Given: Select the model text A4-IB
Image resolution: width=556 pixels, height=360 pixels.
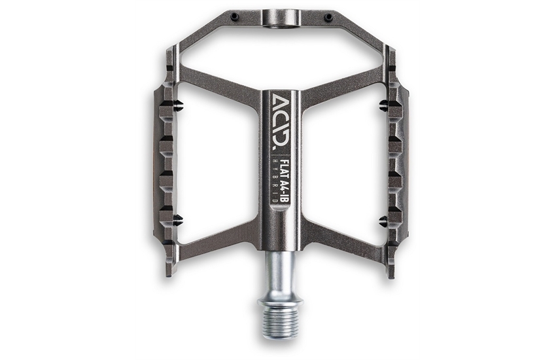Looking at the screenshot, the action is [x=284, y=191].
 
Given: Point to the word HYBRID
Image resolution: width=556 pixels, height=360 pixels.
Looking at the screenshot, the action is [x=275, y=181].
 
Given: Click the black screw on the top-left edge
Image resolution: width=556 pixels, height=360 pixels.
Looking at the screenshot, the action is [x=234, y=16].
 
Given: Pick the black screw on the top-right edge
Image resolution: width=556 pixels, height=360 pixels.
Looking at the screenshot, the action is [x=329, y=16].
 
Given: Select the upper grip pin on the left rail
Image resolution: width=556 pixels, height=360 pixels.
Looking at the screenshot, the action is [x=178, y=104].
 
